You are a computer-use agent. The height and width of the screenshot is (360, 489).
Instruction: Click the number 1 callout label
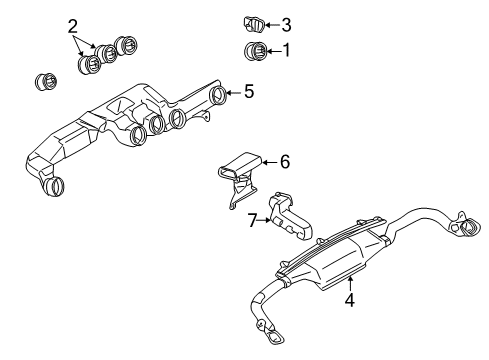point(285,51)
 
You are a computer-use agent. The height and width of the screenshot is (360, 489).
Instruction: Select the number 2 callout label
point(73,26)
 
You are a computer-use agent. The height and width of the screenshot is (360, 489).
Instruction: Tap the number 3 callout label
point(285,25)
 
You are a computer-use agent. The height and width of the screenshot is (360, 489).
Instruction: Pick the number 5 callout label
point(249,91)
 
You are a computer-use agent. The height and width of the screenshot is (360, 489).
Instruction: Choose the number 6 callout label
point(284,160)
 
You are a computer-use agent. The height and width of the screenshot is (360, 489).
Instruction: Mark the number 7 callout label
point(253,220)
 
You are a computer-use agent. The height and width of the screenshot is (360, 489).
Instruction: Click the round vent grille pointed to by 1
point(253,52)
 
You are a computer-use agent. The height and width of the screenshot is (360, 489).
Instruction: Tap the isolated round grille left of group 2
point(44,81)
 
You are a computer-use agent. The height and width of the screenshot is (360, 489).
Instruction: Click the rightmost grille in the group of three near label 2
point(127,46)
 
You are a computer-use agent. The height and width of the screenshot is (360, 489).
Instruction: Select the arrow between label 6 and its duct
point(269,160)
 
